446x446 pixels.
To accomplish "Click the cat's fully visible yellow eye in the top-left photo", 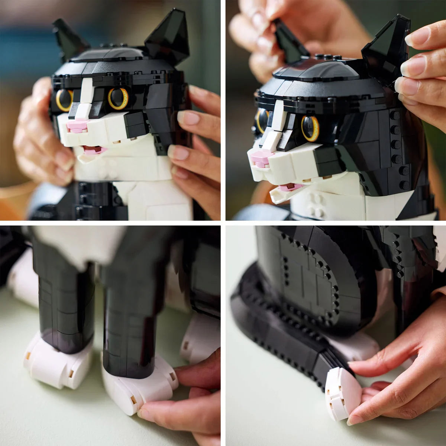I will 118,98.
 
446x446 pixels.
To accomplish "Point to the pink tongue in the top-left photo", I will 93,149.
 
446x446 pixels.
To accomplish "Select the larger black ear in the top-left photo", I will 167,35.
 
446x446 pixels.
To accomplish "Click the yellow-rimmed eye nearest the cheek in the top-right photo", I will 310,129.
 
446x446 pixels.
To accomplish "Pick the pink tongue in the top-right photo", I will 290,187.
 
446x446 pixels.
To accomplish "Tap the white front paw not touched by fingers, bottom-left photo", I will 56,361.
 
